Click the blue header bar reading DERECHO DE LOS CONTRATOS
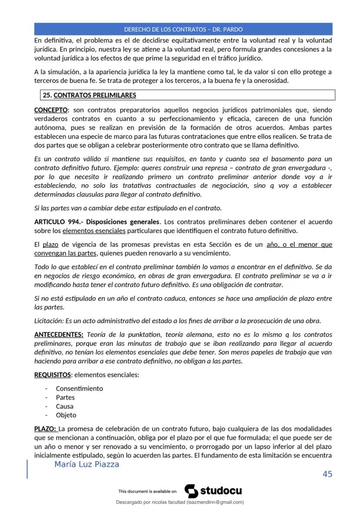(183, 30)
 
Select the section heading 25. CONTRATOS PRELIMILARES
(89, 95)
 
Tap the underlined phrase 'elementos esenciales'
(94, 230)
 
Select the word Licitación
(49, 321)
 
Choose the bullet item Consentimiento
(79, 389)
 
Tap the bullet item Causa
(64, 406)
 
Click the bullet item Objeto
(66, 415)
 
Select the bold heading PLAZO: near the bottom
(44, 429)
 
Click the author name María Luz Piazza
(87, 465)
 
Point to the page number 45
(327, 474)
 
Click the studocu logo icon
(191, 491)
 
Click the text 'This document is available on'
(147, 492)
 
